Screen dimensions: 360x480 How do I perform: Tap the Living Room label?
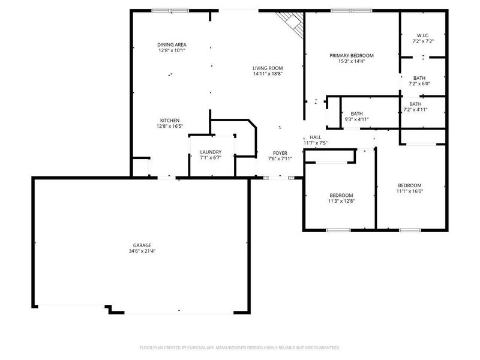pos(267,68)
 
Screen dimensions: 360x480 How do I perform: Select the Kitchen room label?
pos(169,121)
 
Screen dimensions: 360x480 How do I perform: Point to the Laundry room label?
pos(211,152)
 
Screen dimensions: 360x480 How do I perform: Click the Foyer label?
pos(280,152)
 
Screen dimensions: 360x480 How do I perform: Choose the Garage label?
pos(142,245)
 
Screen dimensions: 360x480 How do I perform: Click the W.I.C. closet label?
pos(423,35)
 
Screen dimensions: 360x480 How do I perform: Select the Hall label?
pos(316,137)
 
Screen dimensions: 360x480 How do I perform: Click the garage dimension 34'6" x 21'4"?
pos(142,251)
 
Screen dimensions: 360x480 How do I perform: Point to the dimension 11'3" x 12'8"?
pos(341,201)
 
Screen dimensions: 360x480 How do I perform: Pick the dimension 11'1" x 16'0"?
pos(410,191)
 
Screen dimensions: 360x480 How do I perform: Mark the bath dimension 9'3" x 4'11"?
pos(356,119)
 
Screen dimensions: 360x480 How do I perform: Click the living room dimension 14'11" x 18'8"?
pos(267,74)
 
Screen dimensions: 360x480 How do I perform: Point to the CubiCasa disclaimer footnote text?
pos(240,347)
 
